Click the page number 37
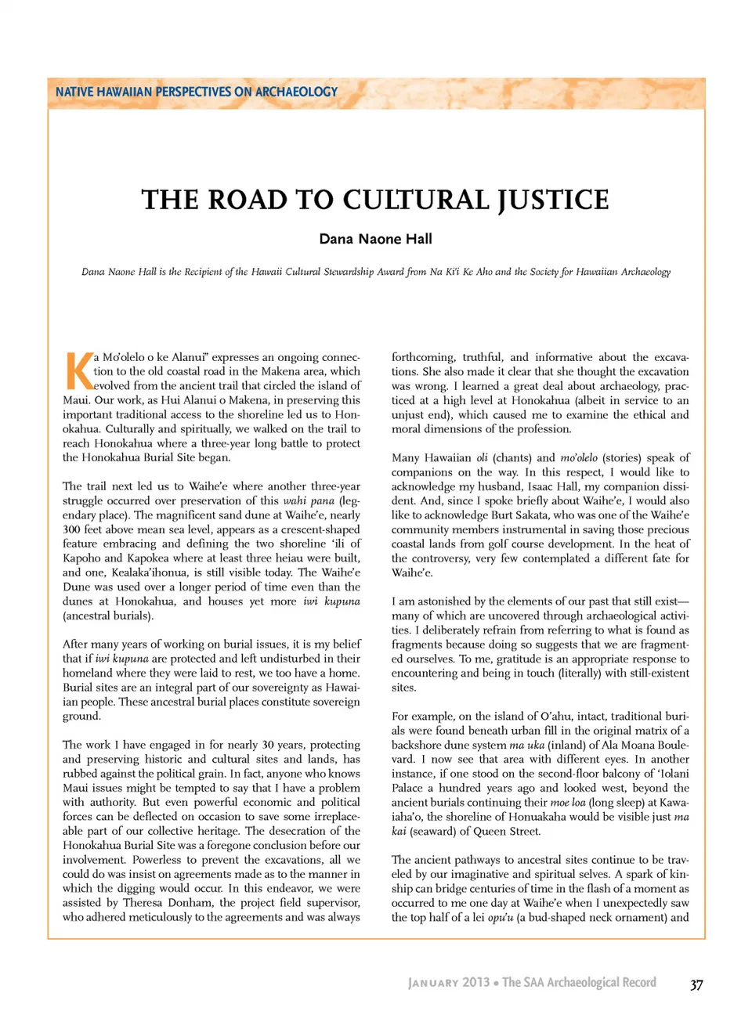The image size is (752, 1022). [696, 984]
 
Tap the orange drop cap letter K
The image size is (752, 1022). [78, 371]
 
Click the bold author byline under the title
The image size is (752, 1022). [375, 239]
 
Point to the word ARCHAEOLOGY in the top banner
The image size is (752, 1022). [296, 92]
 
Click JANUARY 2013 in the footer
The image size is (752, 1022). [449, 983]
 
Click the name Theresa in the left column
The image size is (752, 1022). [143, 902]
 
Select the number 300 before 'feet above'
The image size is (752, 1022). [72, 529]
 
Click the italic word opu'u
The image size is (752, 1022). [500, 917]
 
